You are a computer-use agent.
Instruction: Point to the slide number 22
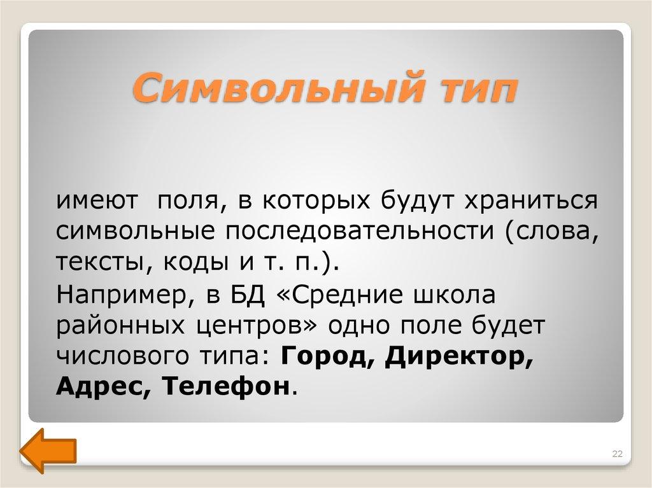click(616, 454)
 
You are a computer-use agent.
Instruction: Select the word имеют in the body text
click(96, 201)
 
